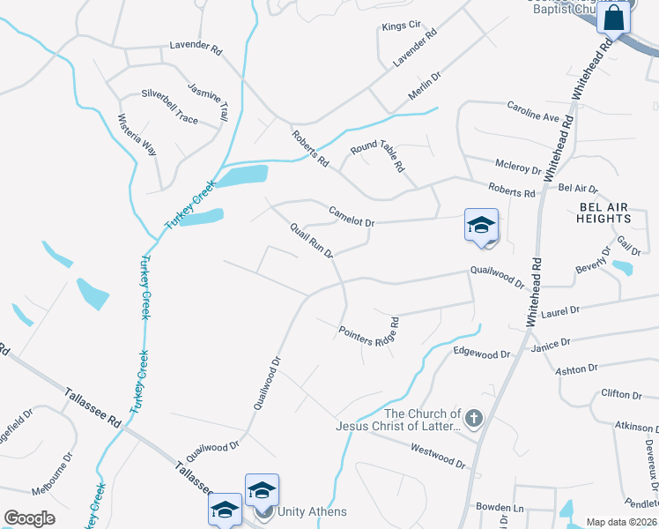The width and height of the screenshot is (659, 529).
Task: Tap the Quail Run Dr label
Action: click(312, 241)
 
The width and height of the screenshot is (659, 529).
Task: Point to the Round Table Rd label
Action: click(377, 155)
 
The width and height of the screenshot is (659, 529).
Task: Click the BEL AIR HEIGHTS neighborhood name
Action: click(604, 212)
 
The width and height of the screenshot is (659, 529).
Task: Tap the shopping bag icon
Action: click(613, 18)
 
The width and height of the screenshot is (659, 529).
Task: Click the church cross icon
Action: click(474, 419)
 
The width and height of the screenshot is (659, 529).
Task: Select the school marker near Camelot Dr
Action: click(482, 226)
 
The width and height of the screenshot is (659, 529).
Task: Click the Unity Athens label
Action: click(312, 511)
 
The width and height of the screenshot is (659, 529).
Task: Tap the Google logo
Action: click(29, 518)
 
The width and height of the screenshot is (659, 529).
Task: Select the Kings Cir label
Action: click(402, 26)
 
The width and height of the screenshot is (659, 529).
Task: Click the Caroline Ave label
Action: click(533, 112)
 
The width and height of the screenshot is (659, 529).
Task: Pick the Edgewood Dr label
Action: click(481, 353)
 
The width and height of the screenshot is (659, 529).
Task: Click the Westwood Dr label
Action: click(438, 455)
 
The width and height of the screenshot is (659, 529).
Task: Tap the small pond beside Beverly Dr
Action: click(622, 267)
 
